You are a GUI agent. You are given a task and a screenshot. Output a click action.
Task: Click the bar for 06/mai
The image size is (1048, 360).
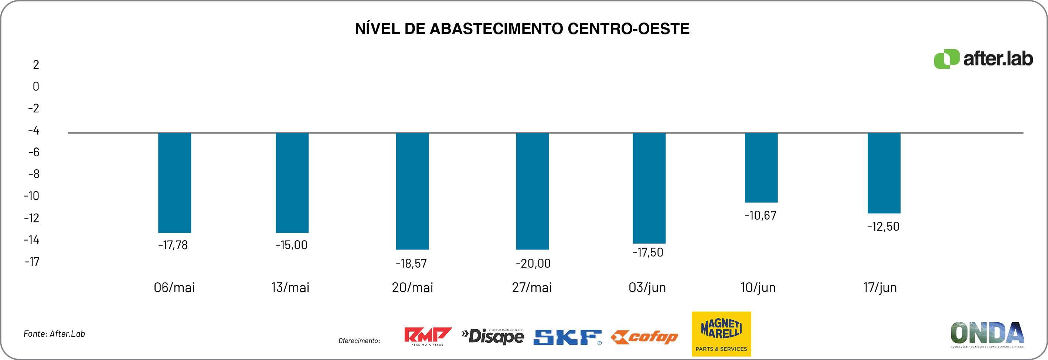[x=174, y=183]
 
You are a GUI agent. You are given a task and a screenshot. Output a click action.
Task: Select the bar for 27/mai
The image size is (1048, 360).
[x=532, y=191]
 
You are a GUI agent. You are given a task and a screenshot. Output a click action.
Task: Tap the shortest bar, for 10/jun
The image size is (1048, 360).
[x=761, y=167]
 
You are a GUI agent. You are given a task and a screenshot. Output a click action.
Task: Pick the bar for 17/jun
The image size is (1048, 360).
[x=884, y=173]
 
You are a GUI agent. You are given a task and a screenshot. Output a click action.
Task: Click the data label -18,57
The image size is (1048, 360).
[x=411, y=264]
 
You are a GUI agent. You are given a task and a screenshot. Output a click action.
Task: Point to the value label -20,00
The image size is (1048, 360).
[x=533, y=264]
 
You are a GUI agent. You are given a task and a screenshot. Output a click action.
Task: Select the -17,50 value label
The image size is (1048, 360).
[x=648, y=252]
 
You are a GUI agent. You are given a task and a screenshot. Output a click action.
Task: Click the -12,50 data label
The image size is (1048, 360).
[x=883, y=227]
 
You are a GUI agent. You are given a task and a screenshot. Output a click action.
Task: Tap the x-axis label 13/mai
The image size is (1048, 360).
[x=290, y=288]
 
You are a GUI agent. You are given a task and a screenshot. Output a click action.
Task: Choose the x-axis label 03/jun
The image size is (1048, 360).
[x=647, y=288]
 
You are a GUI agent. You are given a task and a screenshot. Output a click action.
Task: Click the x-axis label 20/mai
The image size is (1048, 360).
[x=412, y=288]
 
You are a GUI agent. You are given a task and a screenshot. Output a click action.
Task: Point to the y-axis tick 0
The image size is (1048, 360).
[x=36, y=86]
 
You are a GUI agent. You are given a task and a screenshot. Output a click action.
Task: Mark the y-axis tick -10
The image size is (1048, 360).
[x=31, y=196]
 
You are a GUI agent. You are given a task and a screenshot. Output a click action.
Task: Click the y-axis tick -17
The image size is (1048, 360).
[x=32, y=262]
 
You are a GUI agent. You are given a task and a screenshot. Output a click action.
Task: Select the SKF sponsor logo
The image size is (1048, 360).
[x=567, y=337]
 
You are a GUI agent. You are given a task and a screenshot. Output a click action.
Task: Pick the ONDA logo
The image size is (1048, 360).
[x=987, y=334]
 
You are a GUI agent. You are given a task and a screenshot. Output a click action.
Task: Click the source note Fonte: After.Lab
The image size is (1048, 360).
[x=54, y=334]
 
